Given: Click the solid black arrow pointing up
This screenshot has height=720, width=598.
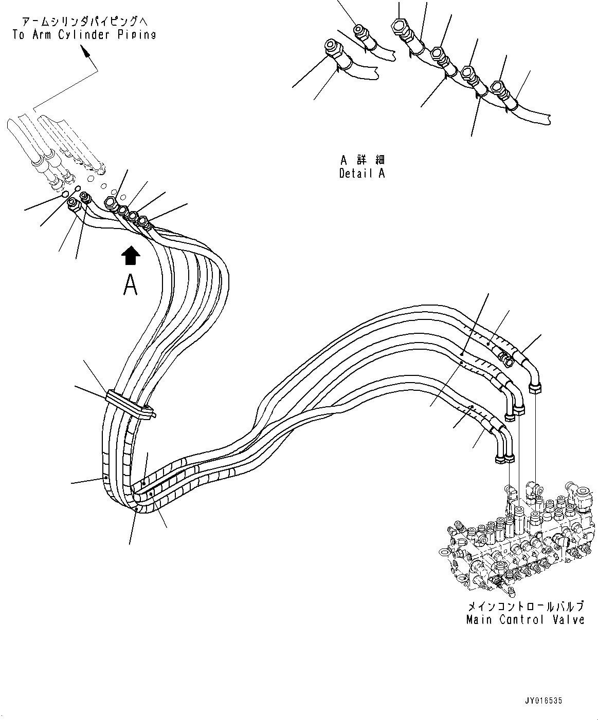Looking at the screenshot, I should tap(131, 255).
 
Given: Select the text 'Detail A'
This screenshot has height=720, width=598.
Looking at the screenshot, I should tap(361, 173).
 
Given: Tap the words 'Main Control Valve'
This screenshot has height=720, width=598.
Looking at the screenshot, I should tap(525, 620).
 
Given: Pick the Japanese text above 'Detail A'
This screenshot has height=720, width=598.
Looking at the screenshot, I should tap(362, 159).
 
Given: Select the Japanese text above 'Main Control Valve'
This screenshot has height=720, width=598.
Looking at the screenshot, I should tap(525, 607).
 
